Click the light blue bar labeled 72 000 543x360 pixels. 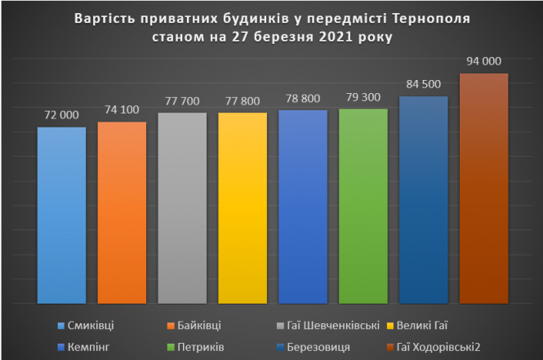click(61, 214)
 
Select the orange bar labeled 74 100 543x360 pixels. click(122, 211)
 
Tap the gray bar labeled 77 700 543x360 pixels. click(182, 207)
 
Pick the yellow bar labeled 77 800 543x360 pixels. click(243, 207)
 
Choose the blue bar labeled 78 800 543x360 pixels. click(303, 206)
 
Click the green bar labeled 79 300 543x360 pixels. click(363, 205)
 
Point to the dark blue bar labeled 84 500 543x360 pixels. click(424, 199)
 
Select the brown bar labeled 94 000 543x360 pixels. click(484, 188)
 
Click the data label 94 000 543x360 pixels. click(484, 60)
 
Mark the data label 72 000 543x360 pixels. click(61, 114)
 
